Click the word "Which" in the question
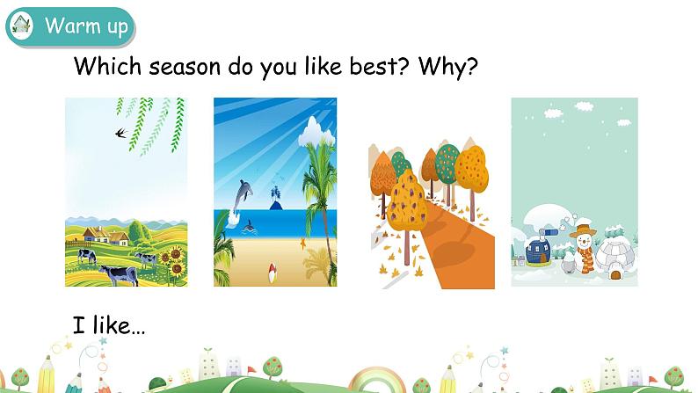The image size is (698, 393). tap(107, 66)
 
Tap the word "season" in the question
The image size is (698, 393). tap(185, 68)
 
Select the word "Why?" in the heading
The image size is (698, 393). tap(447, 67)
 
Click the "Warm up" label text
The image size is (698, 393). tap(86, 25)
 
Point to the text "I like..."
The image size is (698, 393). tap(109, 325)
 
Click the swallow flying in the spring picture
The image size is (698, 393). tap(121, 133)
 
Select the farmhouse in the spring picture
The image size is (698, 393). tap(105, 235)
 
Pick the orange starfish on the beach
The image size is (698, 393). tap(303, 244)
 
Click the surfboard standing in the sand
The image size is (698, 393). tap(272, 272)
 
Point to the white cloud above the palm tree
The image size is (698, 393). tap(316, 132)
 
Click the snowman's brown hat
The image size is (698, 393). tap(583, 230)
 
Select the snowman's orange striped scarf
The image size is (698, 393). tap(587, 256)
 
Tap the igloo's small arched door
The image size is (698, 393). tap(615, 274)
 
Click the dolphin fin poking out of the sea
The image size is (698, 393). tap(250, 227)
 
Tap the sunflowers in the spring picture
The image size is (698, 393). tap(172, 262)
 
